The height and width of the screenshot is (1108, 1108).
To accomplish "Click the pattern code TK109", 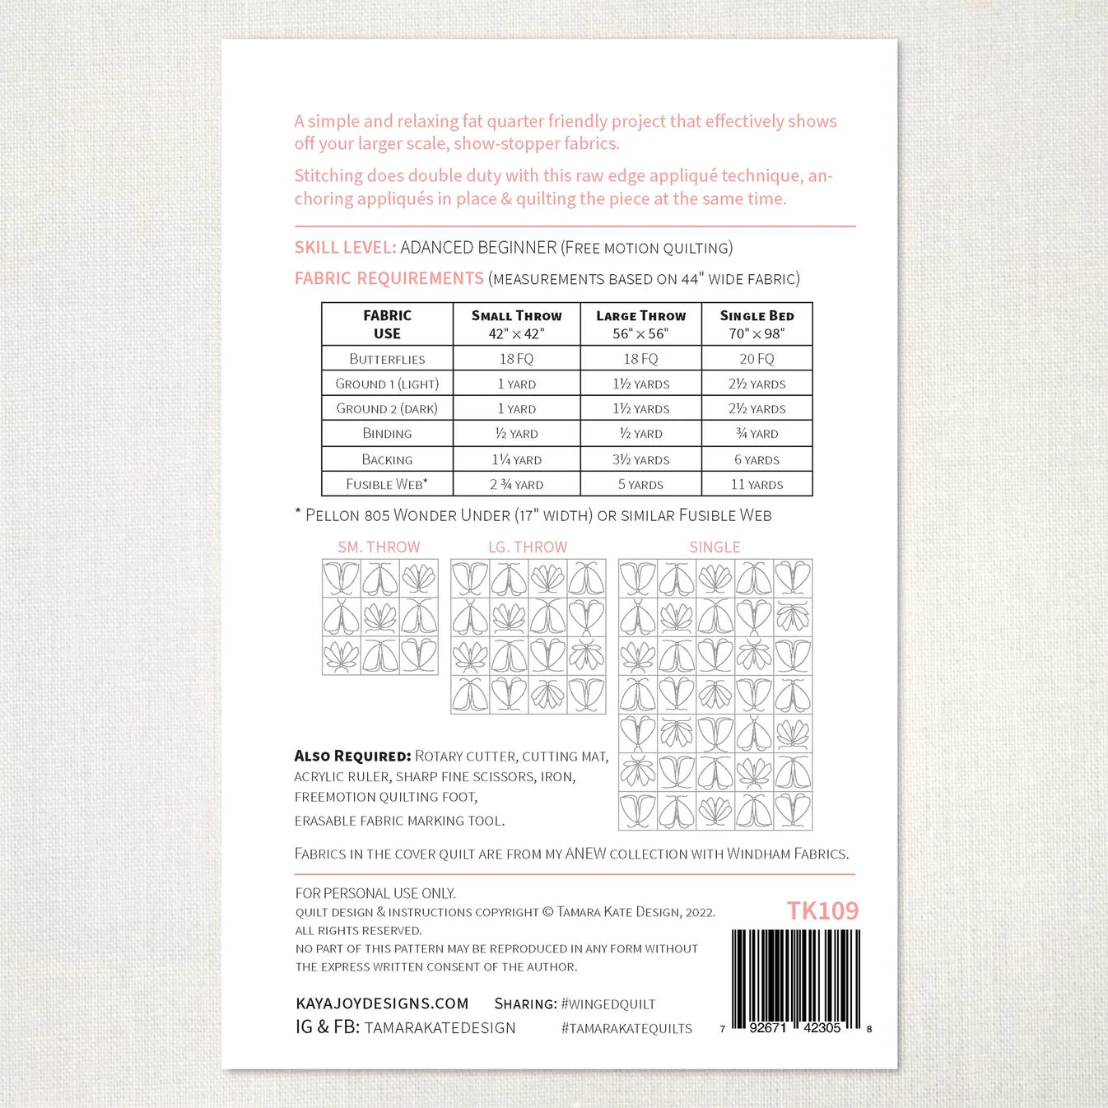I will click(822, 910).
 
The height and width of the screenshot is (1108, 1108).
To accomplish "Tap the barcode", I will click(795, 980).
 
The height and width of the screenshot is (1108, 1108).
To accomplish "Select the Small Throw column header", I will click(516, 324).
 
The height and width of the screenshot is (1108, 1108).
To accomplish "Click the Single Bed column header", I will click(757, 324).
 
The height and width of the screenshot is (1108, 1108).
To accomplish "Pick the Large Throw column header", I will click(640, 324).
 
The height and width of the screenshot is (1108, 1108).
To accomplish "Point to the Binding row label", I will click(387, 434).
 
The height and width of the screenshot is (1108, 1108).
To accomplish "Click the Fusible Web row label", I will click(387, 484).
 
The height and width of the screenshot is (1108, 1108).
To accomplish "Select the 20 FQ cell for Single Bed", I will click(757, 359).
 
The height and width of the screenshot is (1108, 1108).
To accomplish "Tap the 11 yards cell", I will click(757, 485).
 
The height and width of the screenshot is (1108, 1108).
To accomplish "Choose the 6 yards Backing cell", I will click(757, 460).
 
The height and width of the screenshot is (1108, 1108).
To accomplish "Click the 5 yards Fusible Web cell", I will click(640, 485).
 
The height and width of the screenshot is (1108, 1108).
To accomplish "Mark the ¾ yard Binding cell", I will click(757, 434).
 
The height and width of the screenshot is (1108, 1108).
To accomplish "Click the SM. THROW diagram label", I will click(379, 547).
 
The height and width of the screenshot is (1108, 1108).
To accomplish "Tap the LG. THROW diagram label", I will click(528, 547).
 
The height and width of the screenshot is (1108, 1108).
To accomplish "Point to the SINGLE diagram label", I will click(715, 547).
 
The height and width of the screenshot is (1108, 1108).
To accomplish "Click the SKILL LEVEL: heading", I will click(345, 248).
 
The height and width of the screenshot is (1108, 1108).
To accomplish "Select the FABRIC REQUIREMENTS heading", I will click(389, 279).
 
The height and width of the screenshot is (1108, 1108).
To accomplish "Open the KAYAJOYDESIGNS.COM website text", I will click(382, 1003).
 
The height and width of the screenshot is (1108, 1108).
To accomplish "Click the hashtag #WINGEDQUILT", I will click(608, 1004).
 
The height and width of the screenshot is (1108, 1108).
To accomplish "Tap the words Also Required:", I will click(352, 756).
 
